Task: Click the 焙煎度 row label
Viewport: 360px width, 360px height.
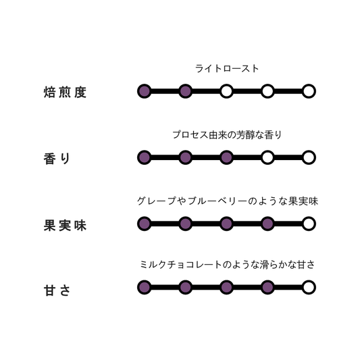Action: coord(65,93)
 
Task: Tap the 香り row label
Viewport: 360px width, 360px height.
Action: coord(57,159)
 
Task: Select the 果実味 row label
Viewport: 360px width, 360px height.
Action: coord(65,225)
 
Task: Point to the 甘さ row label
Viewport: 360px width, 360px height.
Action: coord(57,290)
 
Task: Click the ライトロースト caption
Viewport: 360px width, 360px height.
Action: coord(227,69)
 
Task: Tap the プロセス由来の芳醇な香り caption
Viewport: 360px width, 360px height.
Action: coord(227,135)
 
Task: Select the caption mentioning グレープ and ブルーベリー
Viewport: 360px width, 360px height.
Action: coord(228,201)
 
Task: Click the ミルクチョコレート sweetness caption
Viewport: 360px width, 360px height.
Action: coord(228,265)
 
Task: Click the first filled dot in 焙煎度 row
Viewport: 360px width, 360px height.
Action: coord(145,91)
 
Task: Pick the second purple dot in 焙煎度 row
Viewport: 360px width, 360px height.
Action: coord(186,91)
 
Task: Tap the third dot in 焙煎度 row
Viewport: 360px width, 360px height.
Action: coord(227,91)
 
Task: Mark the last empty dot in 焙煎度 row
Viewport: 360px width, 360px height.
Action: coord(309,91)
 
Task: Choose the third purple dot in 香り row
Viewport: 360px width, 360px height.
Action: coord(227,157)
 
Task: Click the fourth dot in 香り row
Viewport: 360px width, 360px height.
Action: coord(267,157)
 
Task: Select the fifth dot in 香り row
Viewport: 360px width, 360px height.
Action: coord(309,157)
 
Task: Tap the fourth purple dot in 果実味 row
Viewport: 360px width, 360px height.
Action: coord(267,224)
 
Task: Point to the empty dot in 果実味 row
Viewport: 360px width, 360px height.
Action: coord(309,224)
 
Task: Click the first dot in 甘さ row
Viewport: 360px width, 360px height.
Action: coord(145,287)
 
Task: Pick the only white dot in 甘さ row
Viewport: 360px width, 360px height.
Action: coord(309,287)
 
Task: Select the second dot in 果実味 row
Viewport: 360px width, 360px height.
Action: coord(186,224)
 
